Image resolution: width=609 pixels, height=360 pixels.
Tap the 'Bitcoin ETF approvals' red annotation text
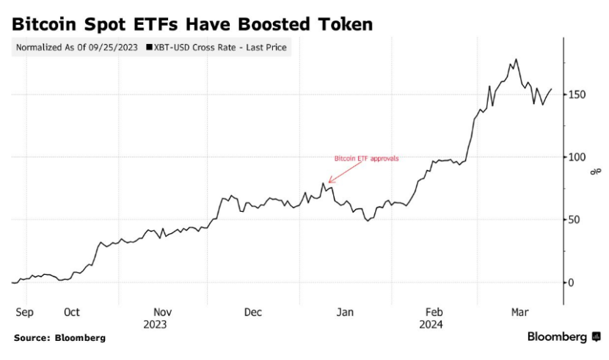point(366,158)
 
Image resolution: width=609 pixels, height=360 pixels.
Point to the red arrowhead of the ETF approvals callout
point(330,181)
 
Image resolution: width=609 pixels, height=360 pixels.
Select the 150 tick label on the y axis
point(575,95)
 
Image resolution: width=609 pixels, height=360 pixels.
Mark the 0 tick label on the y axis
point(570,282)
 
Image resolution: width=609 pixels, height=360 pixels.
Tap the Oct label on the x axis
point(71,312)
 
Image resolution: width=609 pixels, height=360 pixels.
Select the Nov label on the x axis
point(163,312)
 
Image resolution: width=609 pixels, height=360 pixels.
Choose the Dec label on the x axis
point(253,312)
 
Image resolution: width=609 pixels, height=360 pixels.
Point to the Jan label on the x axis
point(345,312)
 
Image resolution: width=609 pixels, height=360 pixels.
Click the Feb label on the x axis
point(434,312)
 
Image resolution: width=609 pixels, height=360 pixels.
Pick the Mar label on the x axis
point(519,312)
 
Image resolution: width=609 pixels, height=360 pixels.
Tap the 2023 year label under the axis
point(155,323)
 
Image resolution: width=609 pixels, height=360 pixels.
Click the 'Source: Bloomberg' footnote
point(59,338)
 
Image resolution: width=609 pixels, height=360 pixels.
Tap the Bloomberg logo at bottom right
point(564,337)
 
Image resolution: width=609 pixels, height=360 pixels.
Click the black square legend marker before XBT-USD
point(150,48)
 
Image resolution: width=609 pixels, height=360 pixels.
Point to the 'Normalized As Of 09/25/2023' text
point(78,48)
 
